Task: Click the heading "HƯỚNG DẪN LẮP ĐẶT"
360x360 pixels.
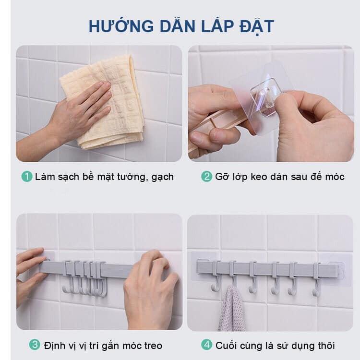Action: (181, 25)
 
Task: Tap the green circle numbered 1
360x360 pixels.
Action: (27, 177)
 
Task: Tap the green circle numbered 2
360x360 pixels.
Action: (206, 177)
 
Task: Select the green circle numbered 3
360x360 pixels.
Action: (35, 345)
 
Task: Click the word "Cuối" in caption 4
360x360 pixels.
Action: (226, 345)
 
